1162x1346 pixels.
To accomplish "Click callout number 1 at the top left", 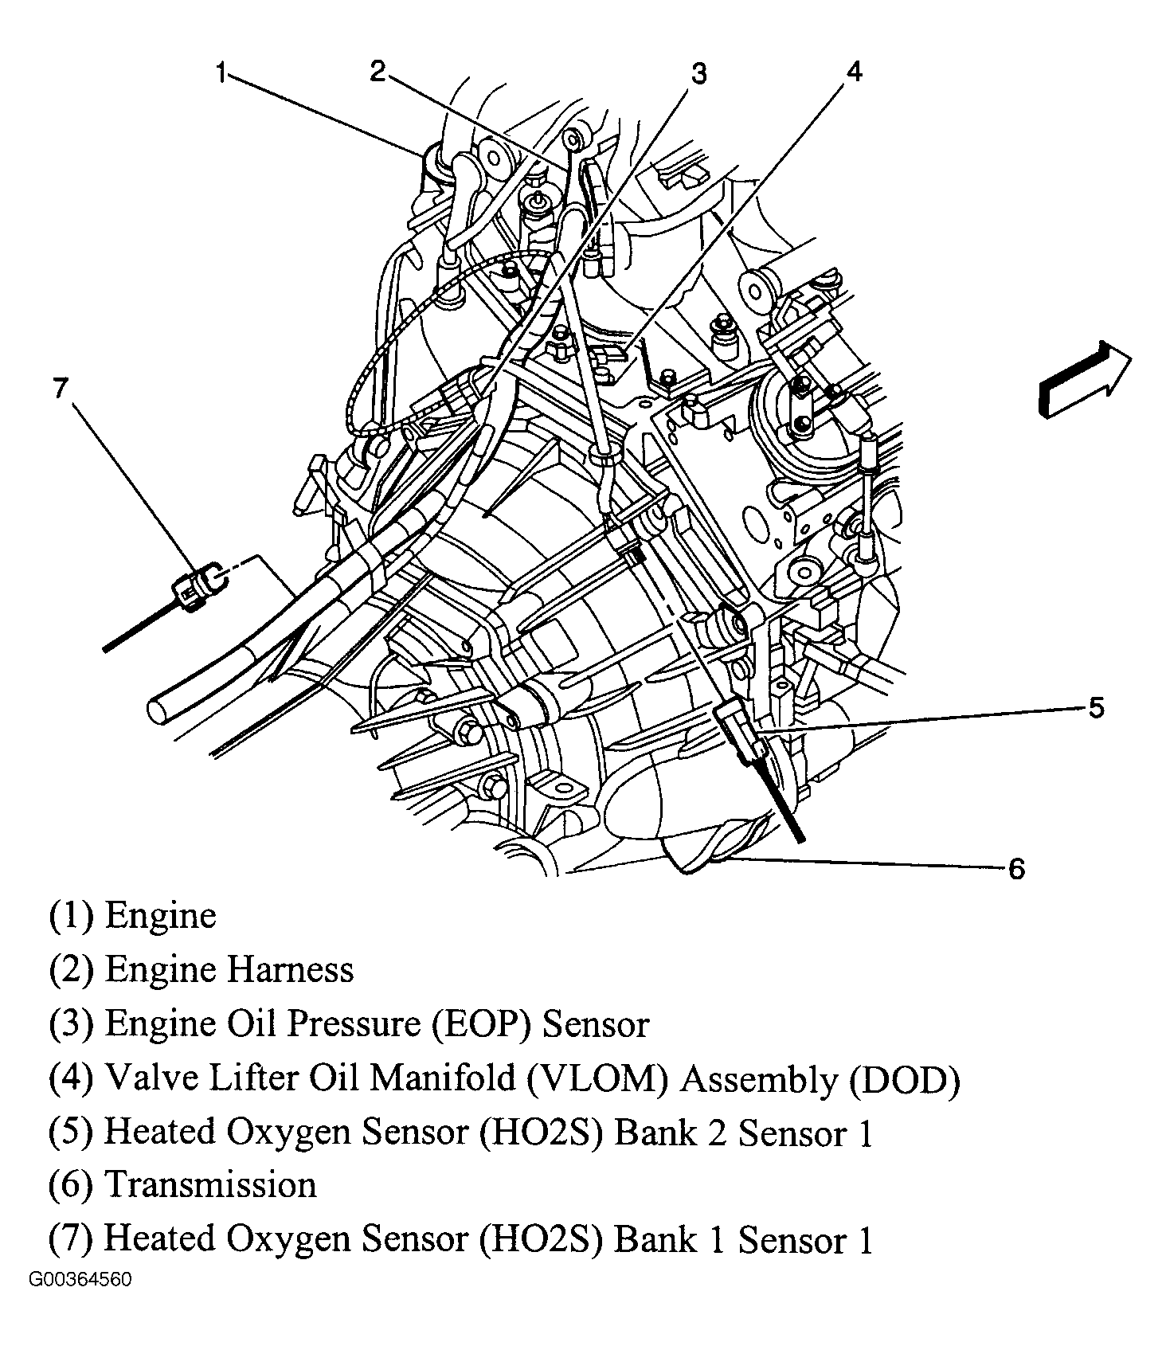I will coord(222,74).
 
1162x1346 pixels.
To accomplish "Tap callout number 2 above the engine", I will coord(378,72).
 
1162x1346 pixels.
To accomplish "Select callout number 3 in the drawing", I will coord(698,74).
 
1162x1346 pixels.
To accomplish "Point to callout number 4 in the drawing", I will coord(853,72).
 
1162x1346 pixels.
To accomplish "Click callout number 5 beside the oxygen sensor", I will coord(1096,707).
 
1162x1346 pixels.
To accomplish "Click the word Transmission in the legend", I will coord(211,1184).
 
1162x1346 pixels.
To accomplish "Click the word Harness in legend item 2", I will coord(291,970).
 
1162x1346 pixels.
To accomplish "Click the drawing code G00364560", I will coord(80,1279).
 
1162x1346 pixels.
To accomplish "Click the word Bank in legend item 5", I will coord(650,1132).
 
